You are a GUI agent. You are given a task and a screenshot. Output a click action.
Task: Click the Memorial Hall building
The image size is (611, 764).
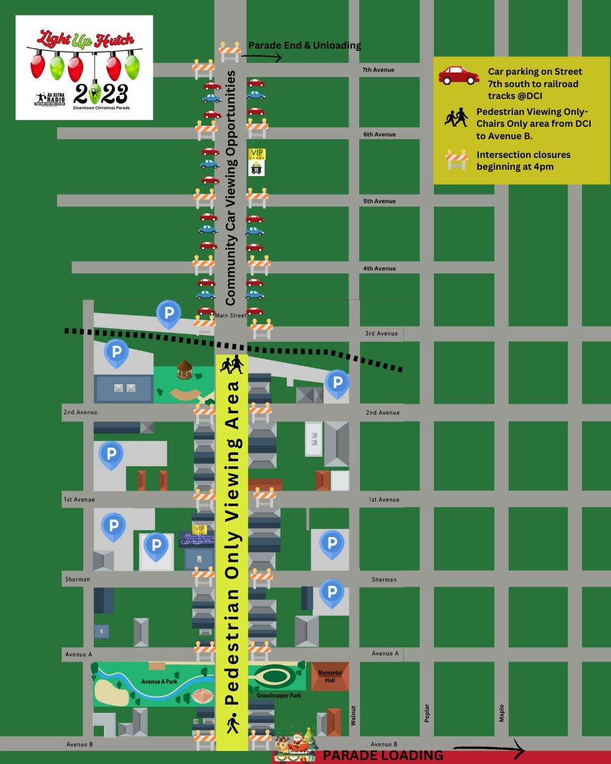[x=330, y=676]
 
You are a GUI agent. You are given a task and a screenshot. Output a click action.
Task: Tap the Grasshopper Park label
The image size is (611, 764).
[x=278, y=695]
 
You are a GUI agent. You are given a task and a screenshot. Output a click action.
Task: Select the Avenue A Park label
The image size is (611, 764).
[x=159, y=681]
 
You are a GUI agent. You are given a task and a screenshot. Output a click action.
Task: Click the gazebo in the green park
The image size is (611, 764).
[x=185, y=370]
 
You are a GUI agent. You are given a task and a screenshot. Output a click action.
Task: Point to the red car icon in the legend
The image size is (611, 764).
[x=459, y=75]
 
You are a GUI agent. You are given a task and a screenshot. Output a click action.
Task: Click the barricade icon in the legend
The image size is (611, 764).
[x=456, y=160]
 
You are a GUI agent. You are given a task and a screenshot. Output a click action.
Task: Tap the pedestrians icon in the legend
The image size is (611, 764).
[x=456, y=118]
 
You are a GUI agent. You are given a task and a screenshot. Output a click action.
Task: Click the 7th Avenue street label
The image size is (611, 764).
[x=378, y=70]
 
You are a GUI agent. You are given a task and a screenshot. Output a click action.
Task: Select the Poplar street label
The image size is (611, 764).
[x=427, y=713]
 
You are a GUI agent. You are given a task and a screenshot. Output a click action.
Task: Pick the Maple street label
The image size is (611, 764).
[x=501, y=713]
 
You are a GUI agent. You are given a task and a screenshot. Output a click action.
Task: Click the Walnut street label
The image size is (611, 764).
[x=353, y=715]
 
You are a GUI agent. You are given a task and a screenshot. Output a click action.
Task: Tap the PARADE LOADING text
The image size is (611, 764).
[x=382, y=756]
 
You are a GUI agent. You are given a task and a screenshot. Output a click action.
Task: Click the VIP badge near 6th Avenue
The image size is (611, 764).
[x=256, y=154]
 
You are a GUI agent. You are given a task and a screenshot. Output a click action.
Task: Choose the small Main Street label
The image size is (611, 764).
[x=231, y=315]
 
